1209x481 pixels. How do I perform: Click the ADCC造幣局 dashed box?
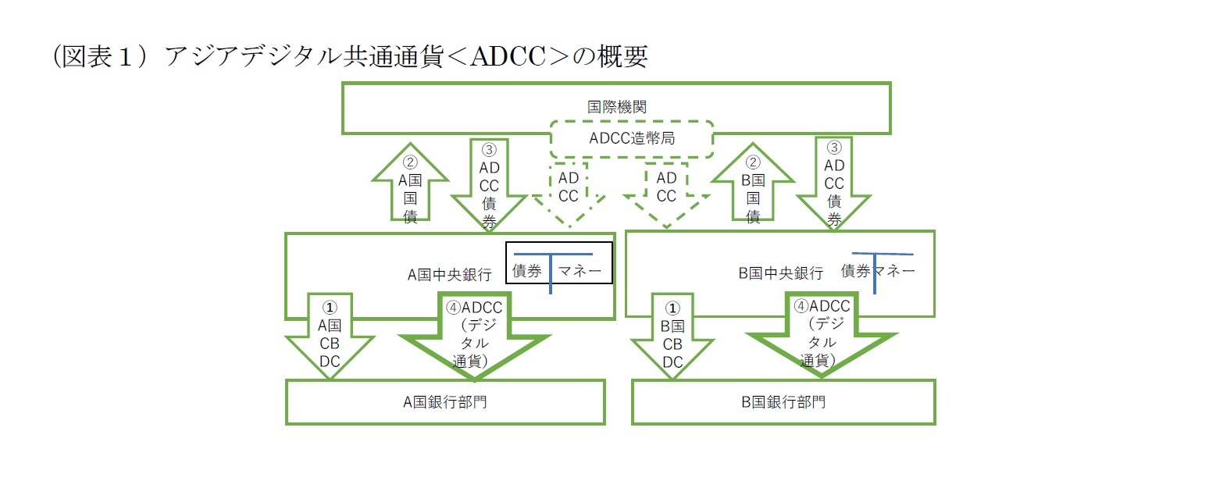[631, 139]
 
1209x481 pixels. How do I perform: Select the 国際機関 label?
[616, 107]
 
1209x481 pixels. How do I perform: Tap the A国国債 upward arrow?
[411, 187]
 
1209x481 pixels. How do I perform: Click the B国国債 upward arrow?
[753, 187]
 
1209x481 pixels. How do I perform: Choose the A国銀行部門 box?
[445, 402]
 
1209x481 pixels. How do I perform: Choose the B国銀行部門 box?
[783, 402]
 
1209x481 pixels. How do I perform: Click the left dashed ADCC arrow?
[569, 191]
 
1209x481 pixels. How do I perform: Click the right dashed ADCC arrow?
[666, 191]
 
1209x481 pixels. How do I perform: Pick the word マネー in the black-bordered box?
[580, 272]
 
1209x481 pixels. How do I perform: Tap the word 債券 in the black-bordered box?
[527, 272]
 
